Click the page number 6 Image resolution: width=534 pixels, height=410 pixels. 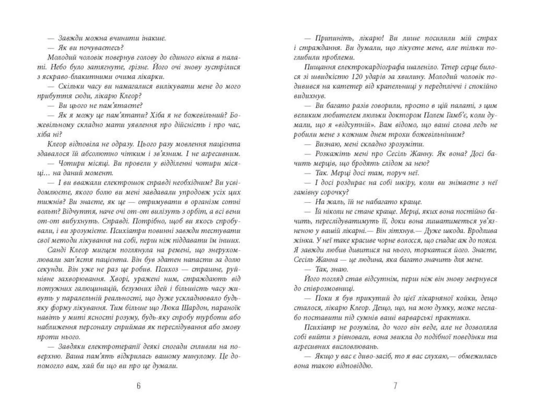139,386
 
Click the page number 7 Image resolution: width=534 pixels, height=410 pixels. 395,386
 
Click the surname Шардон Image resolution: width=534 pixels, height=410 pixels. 205,308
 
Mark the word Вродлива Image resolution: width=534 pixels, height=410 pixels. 482,231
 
